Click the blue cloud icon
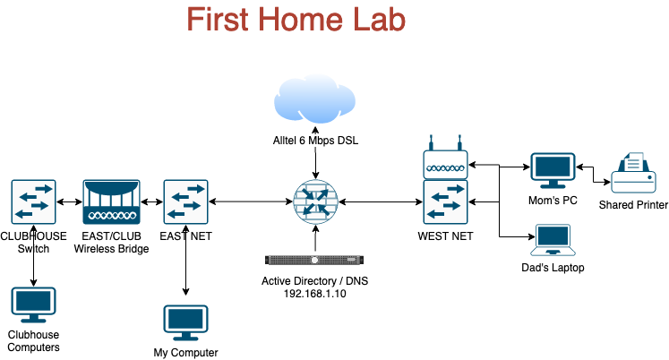click(x=314, y=104)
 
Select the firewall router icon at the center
click(x=314, y=201)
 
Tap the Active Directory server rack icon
click(x=314, y=260)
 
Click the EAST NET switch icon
click(x=185, y=201)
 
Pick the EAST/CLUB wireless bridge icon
click(x=111, y=201)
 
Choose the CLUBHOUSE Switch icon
click(x=34, y=201)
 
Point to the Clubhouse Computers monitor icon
click(x=33, y=305)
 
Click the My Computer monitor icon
click(x=185, y=322)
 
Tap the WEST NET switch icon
click(x=445, y=201)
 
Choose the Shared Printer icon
click(x=633, y=173)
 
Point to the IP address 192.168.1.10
click(x=315, y=293)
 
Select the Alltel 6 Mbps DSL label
click(x=314, y=140)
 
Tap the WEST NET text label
click(x=445, y=236)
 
